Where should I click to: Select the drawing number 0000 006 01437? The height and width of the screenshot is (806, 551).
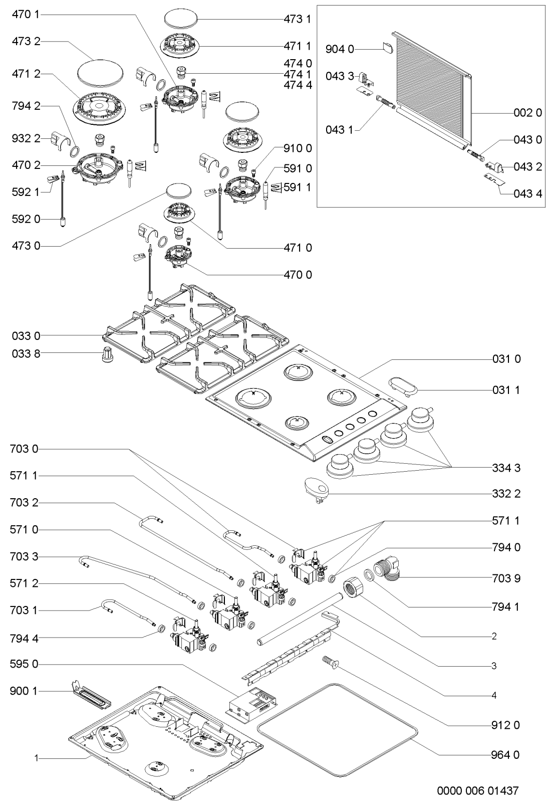click(x=478, y=791)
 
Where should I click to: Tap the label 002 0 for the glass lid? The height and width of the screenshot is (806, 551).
click(x=527, y=113)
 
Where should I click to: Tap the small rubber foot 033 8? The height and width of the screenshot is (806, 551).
click(x=106, y=354)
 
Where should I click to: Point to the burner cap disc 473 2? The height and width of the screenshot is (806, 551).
click(x=100, y=72)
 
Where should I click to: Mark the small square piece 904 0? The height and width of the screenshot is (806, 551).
click(x=387, y=48)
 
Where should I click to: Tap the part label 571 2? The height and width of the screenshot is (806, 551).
click(x=24, y=583)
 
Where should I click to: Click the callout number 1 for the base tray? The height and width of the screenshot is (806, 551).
click(x=36, y=759)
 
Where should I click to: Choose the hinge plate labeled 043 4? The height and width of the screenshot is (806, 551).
click(x=493, y=179)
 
